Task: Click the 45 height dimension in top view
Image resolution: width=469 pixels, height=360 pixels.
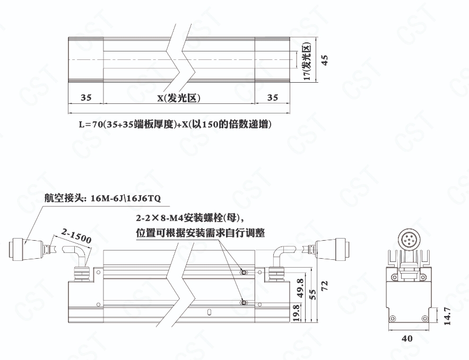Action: pos(325,60)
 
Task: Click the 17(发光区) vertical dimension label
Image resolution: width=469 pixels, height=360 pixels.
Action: pos(308,62)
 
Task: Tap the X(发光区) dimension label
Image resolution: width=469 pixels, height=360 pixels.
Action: pos(179,98)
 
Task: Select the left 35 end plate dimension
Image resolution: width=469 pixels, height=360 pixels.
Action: pos(86,98)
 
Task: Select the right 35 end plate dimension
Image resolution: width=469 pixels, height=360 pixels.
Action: pos(273,98)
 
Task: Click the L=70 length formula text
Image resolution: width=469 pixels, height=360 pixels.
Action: pos(175,124)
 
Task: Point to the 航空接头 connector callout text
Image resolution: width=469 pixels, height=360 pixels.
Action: pos(102,198)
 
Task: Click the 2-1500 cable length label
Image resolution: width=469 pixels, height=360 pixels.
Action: pos(76,235)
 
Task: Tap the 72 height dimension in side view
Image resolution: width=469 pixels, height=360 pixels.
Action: pos(325,285)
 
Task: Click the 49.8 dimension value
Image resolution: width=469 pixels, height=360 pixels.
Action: pos(300,288)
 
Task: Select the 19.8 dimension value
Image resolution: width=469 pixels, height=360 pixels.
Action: pos(297,313)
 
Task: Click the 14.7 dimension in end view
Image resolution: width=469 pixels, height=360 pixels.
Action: pos(447,316)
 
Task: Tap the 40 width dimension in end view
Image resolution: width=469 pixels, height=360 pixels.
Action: pos(407,338)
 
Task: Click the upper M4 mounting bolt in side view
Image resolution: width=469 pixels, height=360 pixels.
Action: pos(244,273)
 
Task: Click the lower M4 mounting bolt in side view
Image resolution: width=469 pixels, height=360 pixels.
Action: pos(244,303)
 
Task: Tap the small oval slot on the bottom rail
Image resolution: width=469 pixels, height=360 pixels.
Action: pos(210,312)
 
